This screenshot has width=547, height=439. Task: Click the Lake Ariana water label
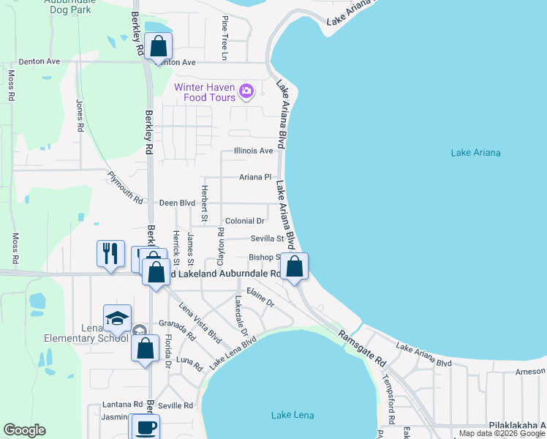475,152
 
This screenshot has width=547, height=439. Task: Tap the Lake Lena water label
293,416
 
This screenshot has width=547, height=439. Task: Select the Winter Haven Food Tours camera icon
246,91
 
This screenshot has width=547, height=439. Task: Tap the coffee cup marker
144,427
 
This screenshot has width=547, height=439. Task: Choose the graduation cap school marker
117,318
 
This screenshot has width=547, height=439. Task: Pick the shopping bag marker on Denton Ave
158,46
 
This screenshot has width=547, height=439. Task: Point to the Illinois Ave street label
253,151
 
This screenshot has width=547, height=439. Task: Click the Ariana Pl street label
255,177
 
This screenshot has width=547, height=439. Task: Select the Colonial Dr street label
245,220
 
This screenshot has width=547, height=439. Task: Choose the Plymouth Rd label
125,188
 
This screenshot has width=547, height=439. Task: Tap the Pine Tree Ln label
225,37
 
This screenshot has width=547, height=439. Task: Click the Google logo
24,430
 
